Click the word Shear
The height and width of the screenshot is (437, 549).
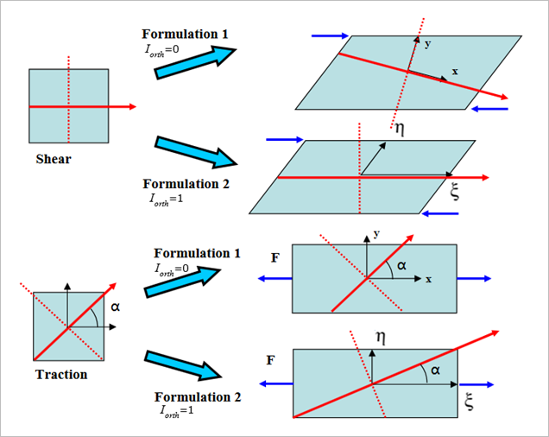(x=54, y=159)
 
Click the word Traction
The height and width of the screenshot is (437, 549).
(x=61, y=375)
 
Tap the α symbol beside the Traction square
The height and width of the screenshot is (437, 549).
(x=116, y=306)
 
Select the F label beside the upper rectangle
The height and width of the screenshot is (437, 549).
(x=275, y=257)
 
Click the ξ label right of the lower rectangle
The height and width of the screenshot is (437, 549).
(x=470, y=399)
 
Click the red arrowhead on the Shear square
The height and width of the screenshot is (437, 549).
(x=132, y=106)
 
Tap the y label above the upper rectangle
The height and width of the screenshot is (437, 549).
(x=376, y=234)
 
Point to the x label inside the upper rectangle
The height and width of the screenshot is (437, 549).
(x=428, y=279)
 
